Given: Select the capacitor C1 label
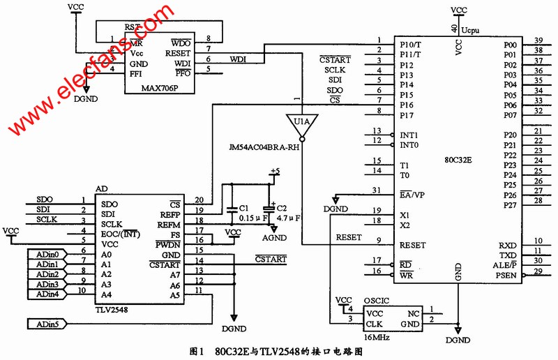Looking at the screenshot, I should point(243,208).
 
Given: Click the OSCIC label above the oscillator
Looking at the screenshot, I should point(377,301).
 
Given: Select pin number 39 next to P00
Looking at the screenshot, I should point(538,40).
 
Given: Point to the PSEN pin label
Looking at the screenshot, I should point(506,276).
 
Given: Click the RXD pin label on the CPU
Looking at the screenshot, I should point(507,246).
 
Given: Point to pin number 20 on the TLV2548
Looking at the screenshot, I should point(199,201).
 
